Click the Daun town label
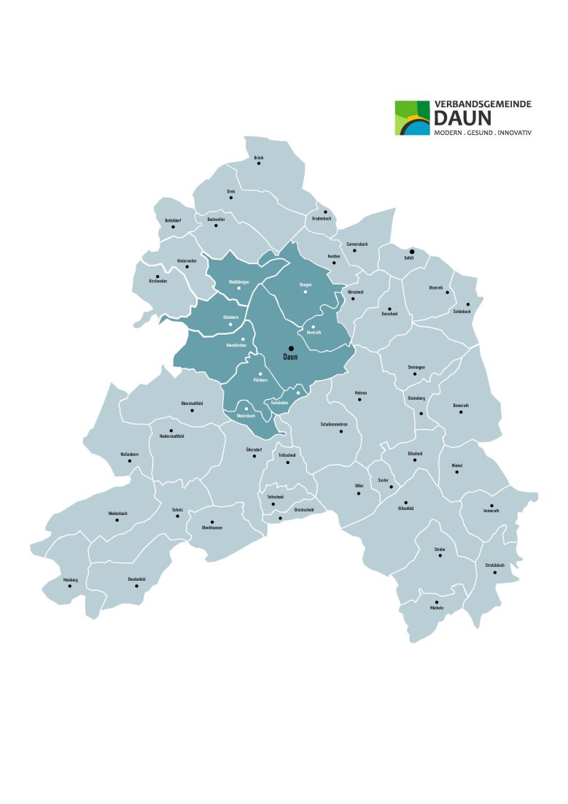[x=290, y=357]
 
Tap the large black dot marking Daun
[x=290, y=348]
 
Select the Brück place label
[x=258, y=158]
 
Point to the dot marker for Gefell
[x=411, y=251]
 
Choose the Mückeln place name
[x=437, y=608]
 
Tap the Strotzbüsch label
[x=494, y=565]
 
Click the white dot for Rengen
[x=306, y=292]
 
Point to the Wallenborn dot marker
[x=129, y=460]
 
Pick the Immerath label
[x=491, y=511]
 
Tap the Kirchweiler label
[x=158, y=281]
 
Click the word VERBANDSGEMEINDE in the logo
[x=483, y=105]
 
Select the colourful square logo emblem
[x=412, y=118]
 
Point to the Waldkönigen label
[x=239, y=282]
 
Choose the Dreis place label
[x=230, y=191]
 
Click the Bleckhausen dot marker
[x=212, y=522]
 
